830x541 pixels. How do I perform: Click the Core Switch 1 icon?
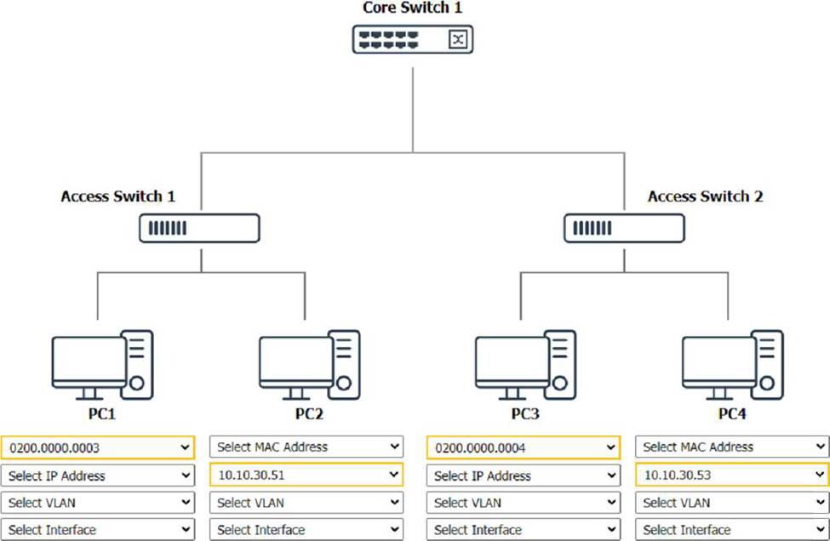(413, 39)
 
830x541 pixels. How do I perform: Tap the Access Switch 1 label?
(118, 196)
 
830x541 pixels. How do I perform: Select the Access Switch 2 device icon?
(624, 228)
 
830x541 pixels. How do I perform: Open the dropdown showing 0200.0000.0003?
(98, 447)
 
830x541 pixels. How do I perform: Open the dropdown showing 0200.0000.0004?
(524, 447)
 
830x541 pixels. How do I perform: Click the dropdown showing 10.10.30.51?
(306, 475)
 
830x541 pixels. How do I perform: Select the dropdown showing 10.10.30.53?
(732, 475)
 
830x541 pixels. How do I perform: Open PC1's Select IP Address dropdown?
(98, 476)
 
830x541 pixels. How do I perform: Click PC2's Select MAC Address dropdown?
(306, 447)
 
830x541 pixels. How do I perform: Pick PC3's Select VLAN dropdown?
(524, 503)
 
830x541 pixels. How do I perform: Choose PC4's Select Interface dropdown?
(732, 529)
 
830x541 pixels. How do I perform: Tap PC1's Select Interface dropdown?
(98, 529)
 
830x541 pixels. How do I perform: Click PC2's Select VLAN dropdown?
(306, 503)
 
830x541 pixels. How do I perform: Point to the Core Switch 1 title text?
(413, 8)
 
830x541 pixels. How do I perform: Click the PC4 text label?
(732, 415)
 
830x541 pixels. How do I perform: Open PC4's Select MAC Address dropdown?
(732, 447)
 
